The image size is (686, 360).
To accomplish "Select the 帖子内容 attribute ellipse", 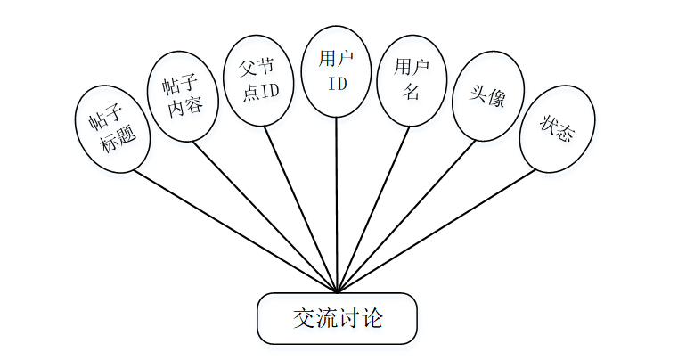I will point(182,96).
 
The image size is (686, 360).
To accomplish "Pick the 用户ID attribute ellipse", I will point(337,71).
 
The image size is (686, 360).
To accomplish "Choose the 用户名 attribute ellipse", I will point(411,79).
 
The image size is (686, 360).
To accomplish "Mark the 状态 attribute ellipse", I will point(557,129).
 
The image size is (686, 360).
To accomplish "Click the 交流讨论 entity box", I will point(337,318).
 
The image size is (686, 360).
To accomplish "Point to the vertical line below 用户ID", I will point(337,205).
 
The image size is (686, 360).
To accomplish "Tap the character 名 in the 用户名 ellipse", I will point(411,92).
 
